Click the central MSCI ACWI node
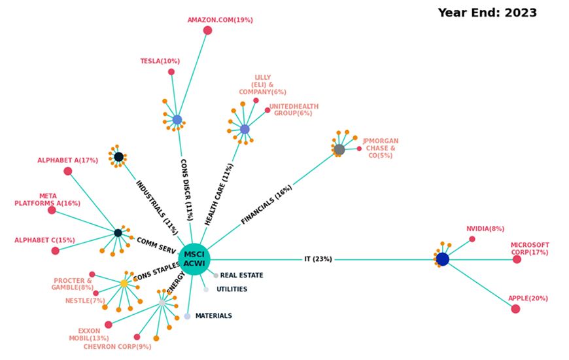coord(194,259)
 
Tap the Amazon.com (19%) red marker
coord(207,30)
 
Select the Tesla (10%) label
coord(160,61)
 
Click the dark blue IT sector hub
coord(443,259)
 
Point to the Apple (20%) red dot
coord(515,309)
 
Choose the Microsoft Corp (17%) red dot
coord(517,259)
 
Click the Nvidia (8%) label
coord(485,229)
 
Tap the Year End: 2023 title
coord(487,12)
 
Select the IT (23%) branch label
coord(318,259)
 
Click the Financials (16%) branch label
coord(266,205)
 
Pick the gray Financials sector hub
coord(339,150)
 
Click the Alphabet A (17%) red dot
coord(68,171)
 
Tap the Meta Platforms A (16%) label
coord(47,200)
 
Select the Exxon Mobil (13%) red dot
coord(109,325)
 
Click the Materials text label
coord(213,316)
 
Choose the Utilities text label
coord(232,289)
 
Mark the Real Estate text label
coord(241,276)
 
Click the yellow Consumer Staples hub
coord(124,283)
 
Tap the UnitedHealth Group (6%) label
coord(294,110)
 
